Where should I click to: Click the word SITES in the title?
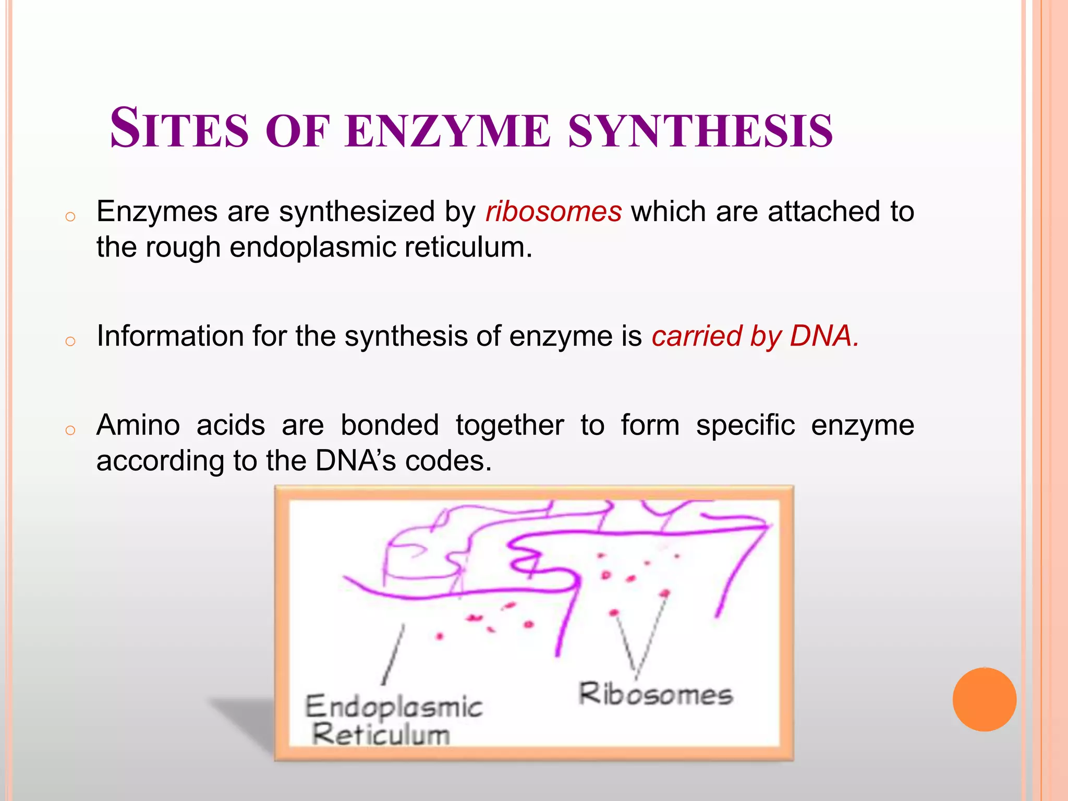coord(179,128)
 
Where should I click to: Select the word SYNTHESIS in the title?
coord(700,131)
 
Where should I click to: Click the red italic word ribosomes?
coord(553,212)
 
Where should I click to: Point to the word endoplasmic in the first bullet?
coord(312,247)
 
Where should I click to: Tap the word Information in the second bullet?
coord(170,336)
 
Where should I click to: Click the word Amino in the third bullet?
coord(138,425)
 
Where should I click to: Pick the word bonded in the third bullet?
coord(390,425)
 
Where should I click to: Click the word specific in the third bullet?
coord(745,425)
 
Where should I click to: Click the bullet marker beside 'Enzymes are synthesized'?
coord(70,217)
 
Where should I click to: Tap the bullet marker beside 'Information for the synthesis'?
coord(70,342)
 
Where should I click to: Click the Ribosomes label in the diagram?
coord(656,695)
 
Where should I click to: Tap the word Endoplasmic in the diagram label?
coord(394,708)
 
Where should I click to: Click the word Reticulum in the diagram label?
coord(381,735)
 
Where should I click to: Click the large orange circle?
coord(984,699)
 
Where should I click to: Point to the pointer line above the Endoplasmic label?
coord(393,655)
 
